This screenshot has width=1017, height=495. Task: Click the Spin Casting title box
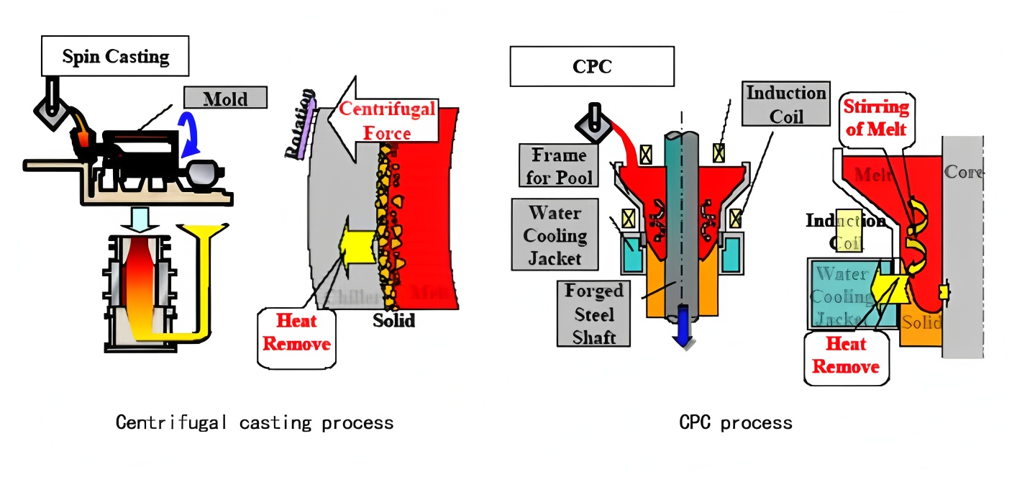click(115, 56)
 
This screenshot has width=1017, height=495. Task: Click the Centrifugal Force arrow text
click(386, 121)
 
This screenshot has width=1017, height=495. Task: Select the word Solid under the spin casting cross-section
click(393, 320)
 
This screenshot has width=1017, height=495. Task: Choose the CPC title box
click(591, 66)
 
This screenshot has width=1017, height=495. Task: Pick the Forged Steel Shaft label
click(593, 314)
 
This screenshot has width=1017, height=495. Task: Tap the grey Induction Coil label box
click(785, 104)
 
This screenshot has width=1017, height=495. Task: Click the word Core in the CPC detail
click(962, 173)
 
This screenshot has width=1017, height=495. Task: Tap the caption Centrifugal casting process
click(255, 422)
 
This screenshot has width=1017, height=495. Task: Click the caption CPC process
click(735, 422)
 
